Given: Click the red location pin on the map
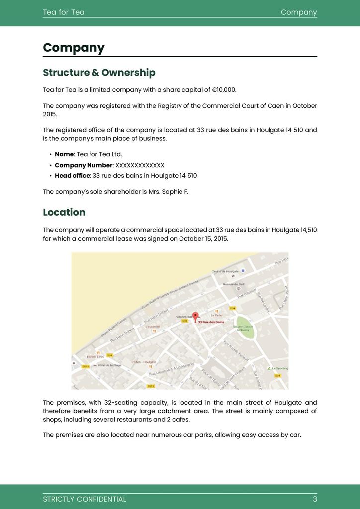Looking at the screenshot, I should coord(195,316).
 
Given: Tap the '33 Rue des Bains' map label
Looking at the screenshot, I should coord(211,322).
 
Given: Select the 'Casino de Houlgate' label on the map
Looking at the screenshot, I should coord(225,272).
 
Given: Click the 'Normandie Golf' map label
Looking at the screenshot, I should coord(234,284).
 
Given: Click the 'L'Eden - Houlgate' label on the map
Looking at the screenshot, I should coord(144,362).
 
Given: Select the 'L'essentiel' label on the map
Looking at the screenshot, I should coord(153,327).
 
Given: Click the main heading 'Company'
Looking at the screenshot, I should coord(74,48).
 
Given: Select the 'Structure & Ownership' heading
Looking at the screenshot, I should coord(99,73).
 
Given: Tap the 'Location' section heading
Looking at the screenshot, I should coord(64,212).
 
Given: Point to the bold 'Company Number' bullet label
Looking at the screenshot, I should coord(84,165).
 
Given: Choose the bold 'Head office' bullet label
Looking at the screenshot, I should coord(73,176).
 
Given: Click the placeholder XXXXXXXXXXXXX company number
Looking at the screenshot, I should coord(140,165).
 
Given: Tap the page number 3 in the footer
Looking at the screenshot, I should coord(315,499).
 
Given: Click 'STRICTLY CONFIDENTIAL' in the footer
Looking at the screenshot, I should coord(85,499).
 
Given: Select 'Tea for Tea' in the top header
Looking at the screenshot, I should coord(64,12).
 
